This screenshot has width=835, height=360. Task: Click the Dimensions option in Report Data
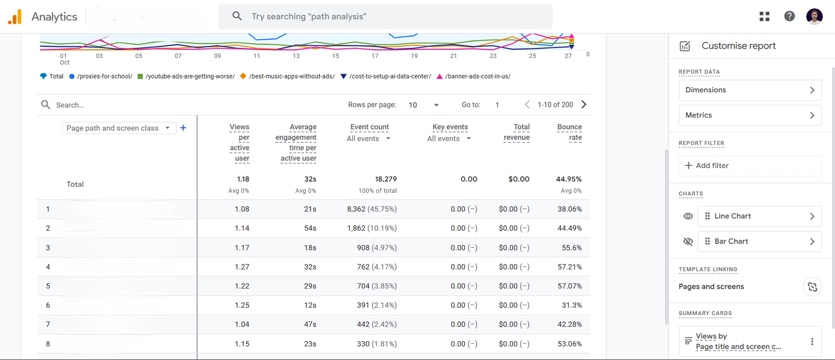point(749,90)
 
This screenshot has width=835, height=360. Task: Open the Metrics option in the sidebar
point(749,115)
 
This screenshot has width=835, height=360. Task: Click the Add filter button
point(749,165)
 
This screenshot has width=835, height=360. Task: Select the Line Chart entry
point(759,216)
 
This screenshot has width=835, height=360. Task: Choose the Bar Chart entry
point(759,241)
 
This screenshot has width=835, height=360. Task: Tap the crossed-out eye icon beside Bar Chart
point(688,241)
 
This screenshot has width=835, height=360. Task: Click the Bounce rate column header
point(569,132)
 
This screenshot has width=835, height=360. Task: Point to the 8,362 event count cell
point(372,209)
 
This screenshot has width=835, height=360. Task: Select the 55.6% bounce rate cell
point(571,247)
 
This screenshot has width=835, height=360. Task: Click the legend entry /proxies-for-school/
point(104,76)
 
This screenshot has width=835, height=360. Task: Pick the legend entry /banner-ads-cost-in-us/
point(477,76)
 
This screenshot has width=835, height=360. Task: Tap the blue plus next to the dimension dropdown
point(183,128)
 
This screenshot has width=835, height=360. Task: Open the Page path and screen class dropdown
point(118,128)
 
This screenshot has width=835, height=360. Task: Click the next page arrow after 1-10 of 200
point(584,104)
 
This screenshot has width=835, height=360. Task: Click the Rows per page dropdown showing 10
point(423,105)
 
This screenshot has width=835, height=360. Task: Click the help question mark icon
point(789,16)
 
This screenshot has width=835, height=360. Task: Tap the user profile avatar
point(814,16)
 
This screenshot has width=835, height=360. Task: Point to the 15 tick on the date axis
point(336,56)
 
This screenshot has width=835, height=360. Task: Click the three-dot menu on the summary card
point(812,341)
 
